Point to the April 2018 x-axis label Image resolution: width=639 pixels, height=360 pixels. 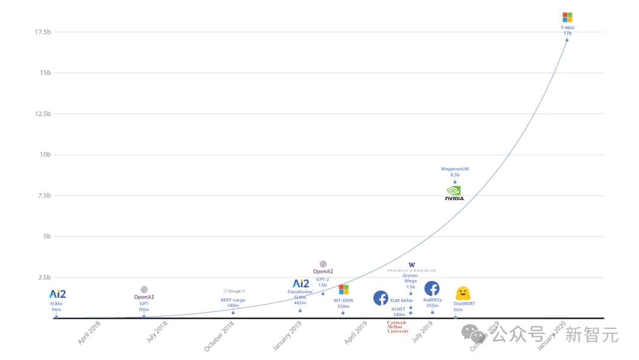click(x=89, y=333)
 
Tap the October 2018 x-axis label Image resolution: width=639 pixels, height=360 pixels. click(x=220, y=336)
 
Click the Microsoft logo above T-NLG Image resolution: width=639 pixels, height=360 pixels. click(x=567, y=17)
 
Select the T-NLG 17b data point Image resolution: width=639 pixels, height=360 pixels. click(x=567, y=40)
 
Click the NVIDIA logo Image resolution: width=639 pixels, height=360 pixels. click(x=454, y=193)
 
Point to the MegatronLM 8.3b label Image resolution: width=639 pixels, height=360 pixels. click(x=454, y=172)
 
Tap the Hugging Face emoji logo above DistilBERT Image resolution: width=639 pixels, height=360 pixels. click(x=463, y=294)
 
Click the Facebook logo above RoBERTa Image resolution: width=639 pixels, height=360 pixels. click(x=432, y=288)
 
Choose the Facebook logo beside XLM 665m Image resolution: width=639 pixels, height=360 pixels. click(x=380, y=298)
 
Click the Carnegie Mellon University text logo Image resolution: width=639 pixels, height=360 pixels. click(x=398, y=327)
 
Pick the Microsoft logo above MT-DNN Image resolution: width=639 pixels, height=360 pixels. click(x=343, y=290)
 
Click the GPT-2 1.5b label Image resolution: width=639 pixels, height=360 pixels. click(x=322, y=282)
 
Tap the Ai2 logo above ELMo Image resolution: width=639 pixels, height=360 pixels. click(x=57, y=294)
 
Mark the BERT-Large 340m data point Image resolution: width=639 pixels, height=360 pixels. click(x=233, y=313)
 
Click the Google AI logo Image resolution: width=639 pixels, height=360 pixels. click(x=234, y=291)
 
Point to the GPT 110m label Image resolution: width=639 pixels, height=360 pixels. click(x=144, y=307)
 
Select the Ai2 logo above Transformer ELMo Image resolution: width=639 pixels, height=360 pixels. click(x=301, y=284)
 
